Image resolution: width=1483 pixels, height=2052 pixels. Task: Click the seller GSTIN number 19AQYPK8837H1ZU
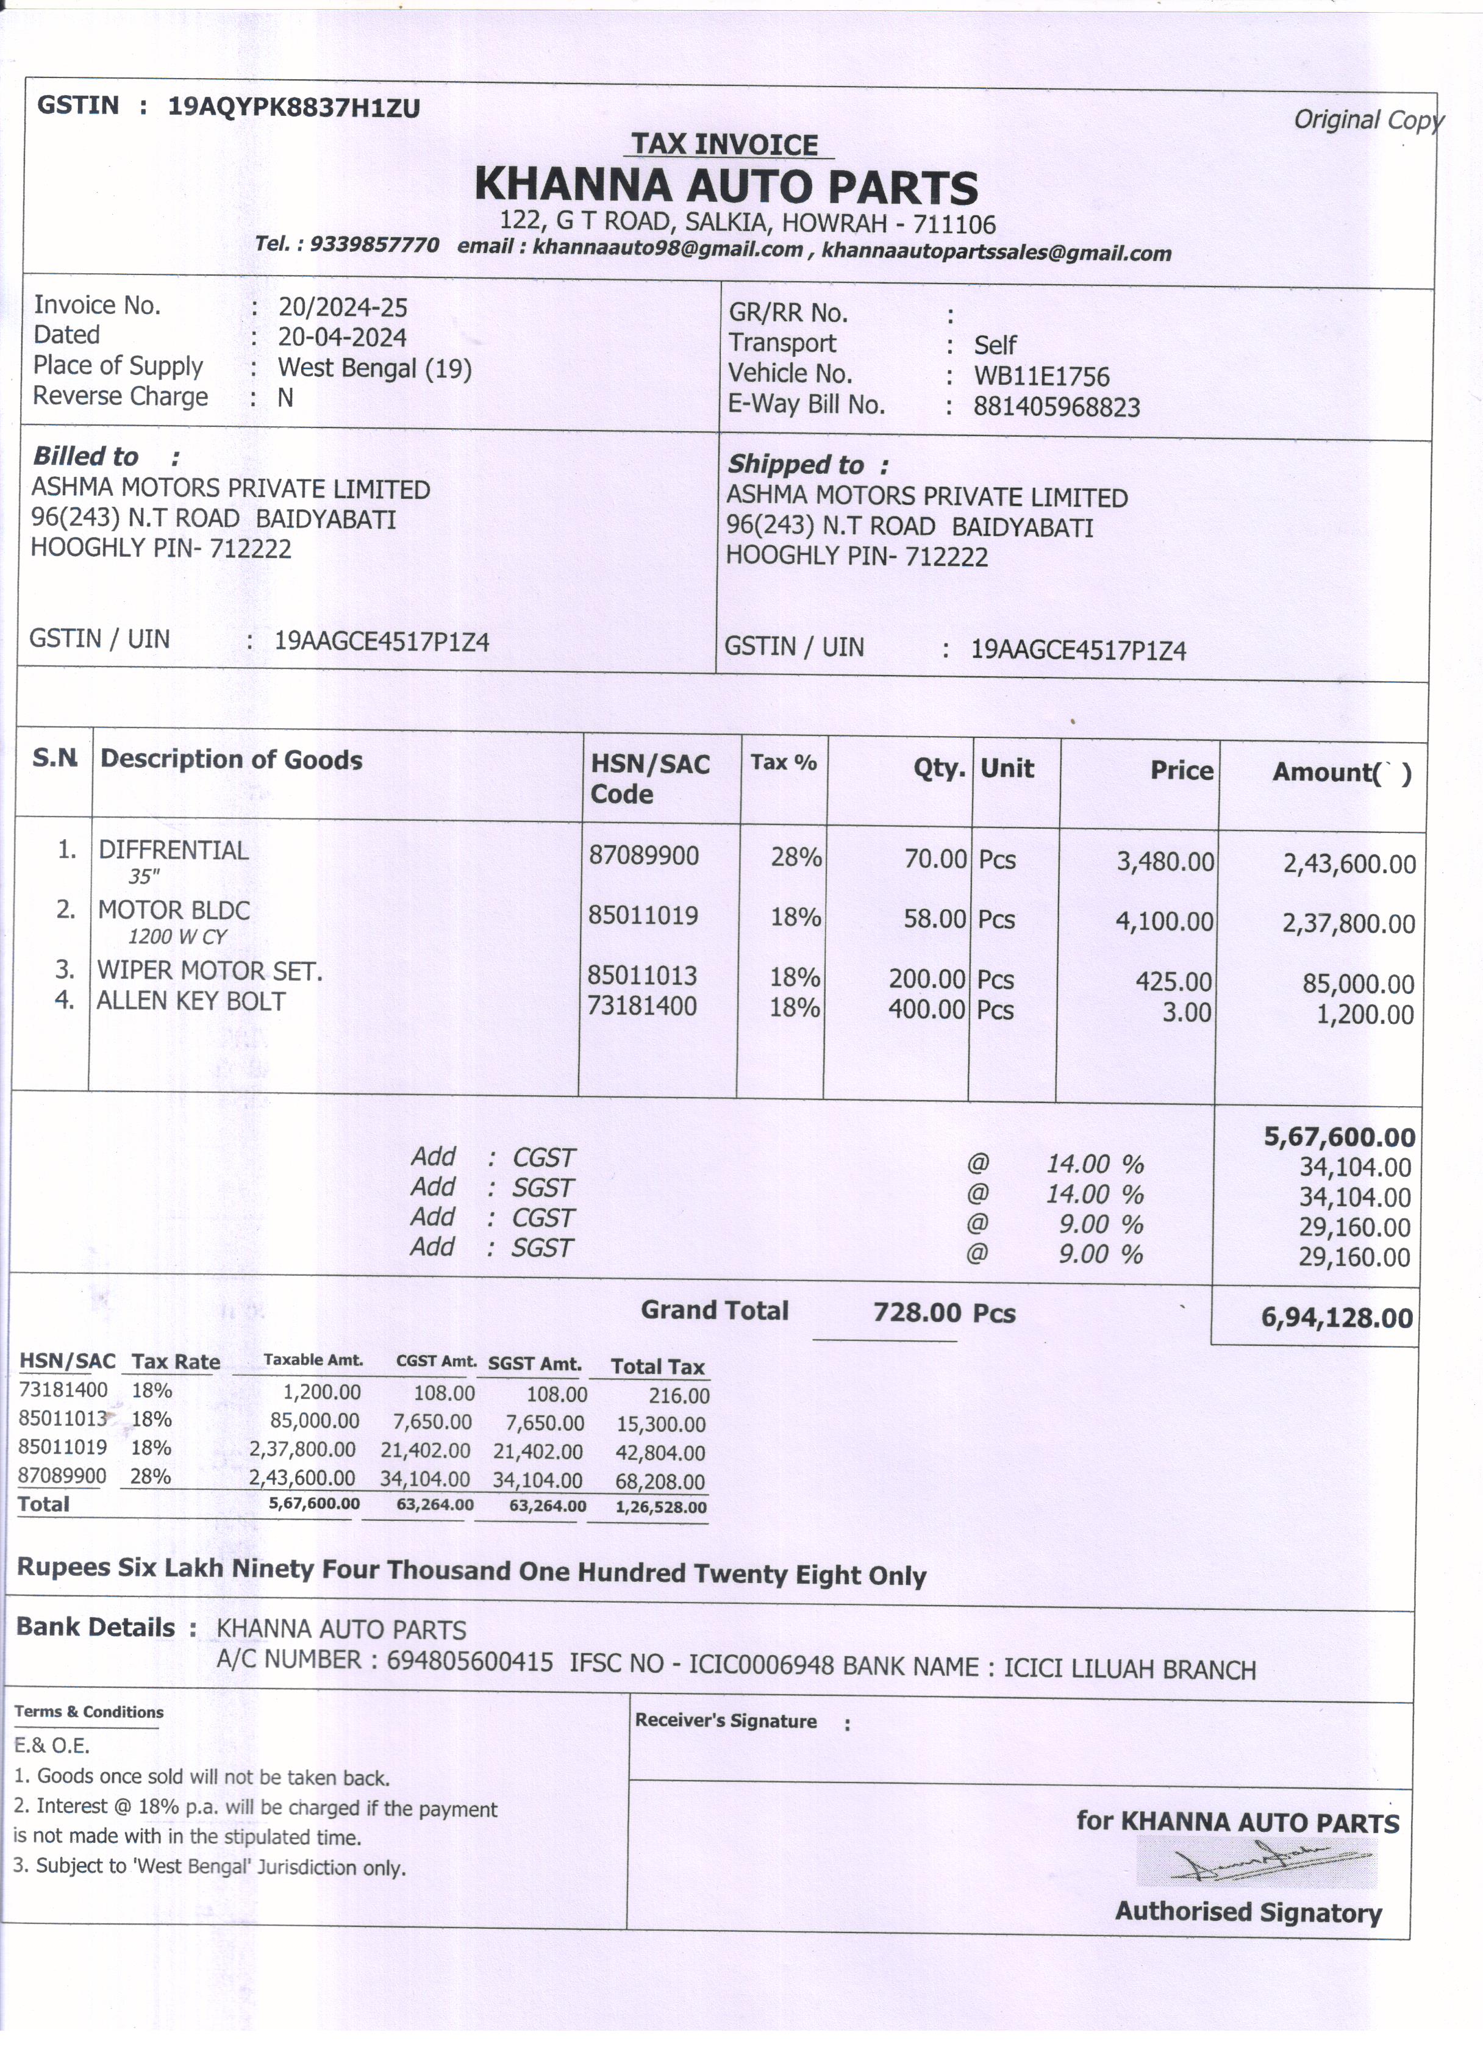click(x=294, y=108)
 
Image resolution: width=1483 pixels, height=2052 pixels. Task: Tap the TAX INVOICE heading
click(x=724, y=144)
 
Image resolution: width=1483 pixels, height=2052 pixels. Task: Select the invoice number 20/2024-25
click(x=342, y=307)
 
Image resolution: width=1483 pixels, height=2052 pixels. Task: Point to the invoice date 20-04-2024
click(x=342, y=337)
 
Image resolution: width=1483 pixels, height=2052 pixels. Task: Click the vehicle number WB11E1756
click(x=1040, y=376)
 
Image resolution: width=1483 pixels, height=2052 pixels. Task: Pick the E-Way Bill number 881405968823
click(x=1056, y=407)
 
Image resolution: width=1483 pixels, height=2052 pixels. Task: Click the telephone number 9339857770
click(x=374, y=245)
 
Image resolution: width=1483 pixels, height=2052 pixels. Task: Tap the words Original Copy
click(x=1367, y=120)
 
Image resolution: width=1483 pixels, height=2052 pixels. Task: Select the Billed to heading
click(x=86, y=456)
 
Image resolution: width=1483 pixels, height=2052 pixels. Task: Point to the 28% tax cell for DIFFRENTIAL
click(x=795, y=857)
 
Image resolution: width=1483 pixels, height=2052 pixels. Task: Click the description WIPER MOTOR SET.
click(x=210, y=971)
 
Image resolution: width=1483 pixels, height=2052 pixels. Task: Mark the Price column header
click(x=1181, y=770)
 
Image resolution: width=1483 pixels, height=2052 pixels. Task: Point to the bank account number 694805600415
click(x=470, y=1661)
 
